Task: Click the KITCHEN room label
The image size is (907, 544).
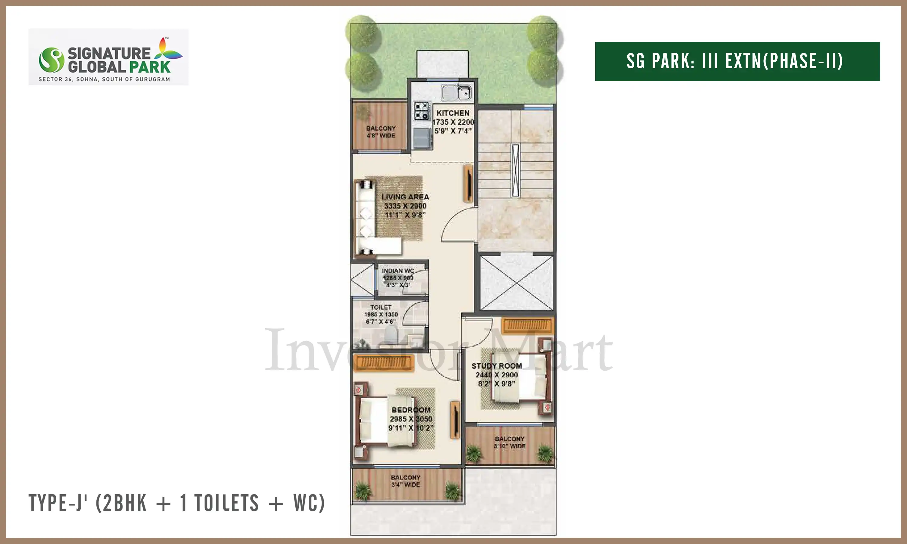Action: pyautogui.click(x=453, y=113)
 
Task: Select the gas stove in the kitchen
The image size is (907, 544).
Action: pyautogui.click(x=421, y=111)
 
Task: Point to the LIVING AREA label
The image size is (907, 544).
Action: pyautogui.click(x=405, y=197)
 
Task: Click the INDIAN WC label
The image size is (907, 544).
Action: pyautogui.click(x=398, y=270)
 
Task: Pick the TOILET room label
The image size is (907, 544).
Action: pyautogui.click(x=381, y=307)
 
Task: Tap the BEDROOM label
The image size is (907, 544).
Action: pyautogui.click(x=411, y=410)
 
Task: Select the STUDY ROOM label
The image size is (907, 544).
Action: pyautogui.click(x=497, y=366)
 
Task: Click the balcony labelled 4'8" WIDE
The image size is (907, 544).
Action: pyautogui.click(x=380, y=125)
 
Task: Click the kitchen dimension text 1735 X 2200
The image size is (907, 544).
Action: pyautogui.click(x=453, y=122)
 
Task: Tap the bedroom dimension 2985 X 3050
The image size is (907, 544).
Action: pyautogui.click(x=411, y=419)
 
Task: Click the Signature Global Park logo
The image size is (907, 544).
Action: pyautogui.click(x=109, y=57)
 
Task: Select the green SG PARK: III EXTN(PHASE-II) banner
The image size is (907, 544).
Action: pyautogui.click(x=737, y=61)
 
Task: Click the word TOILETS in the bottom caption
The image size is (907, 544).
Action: pyautogui.click(x=226, y=503)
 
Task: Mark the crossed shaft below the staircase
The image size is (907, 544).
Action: pyautogui.click(x=516, y=283)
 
